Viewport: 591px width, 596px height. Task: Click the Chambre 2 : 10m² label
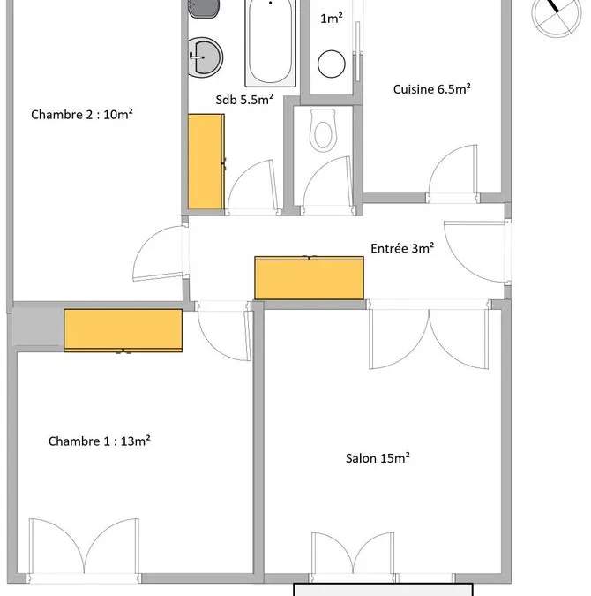[x=82, y=115]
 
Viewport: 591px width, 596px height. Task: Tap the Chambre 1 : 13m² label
[x=99, y=441]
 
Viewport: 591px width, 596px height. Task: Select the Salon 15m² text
[x=378, y=458]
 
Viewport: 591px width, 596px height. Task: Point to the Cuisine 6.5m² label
[x=432, y=89]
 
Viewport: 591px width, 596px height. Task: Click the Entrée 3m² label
[x=402, y=248]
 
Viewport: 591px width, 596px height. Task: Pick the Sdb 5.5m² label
[x=244, y=100]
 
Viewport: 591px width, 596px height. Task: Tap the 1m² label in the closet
[x=331, y=19]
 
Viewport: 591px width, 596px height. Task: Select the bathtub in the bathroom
[x=271, y=42]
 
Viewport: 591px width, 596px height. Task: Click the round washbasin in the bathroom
[x=206, y=57]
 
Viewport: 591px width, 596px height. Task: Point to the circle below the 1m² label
[x=331, y=64]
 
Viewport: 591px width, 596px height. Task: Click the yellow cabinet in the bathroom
[x=206, y=162]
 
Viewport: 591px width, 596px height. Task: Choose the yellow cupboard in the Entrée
[x=310, y=277]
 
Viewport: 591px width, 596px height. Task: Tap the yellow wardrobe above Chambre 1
[x=123, y=330]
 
